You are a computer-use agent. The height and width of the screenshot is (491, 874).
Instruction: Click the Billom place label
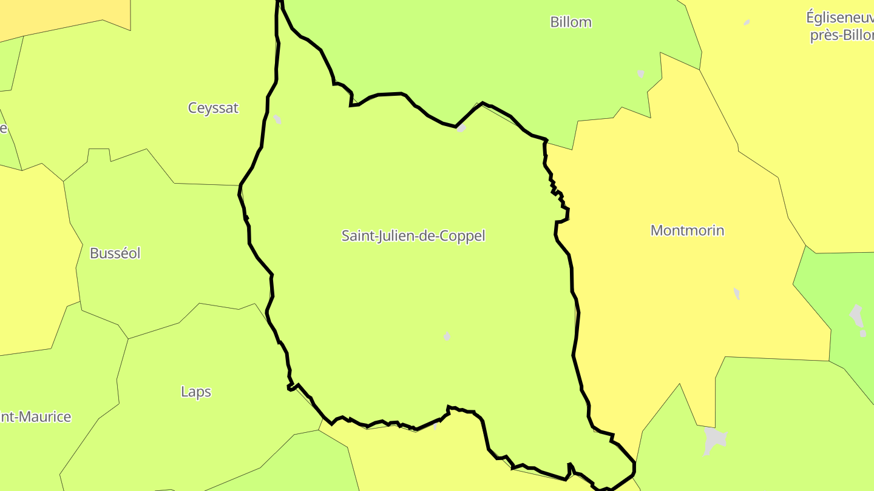[x=571, y=22]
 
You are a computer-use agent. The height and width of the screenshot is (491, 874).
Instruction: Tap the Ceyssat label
[x=213, y=109]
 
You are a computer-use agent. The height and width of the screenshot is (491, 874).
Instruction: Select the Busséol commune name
[x=115, y=253]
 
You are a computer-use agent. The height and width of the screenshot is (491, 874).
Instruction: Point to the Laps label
[x=196, y=392]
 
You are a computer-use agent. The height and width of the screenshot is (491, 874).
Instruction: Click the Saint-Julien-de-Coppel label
[x=413, y=236]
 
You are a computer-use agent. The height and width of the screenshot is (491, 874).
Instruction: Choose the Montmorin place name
[x=687, y=230]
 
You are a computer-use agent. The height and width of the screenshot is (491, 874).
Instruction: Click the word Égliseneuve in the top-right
[x=839, y=18]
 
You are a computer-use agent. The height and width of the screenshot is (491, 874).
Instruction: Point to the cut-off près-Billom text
[x=841, y=35]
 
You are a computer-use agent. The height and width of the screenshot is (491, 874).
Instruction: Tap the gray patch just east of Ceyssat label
[x=277, y=119]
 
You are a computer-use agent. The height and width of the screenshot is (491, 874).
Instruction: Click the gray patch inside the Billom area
[x=641, y=73]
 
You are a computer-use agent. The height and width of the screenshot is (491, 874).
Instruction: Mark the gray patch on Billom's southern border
[x=461, y=127]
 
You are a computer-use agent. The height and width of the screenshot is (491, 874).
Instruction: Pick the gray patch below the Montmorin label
[x=737, y=294]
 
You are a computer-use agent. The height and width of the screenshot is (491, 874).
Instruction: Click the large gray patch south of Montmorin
[x=714, y=441]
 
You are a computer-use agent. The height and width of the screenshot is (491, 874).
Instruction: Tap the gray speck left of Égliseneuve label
[x=747, y=22]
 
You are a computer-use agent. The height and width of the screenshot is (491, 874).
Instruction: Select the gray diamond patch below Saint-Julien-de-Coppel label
[x=447, y=336]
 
